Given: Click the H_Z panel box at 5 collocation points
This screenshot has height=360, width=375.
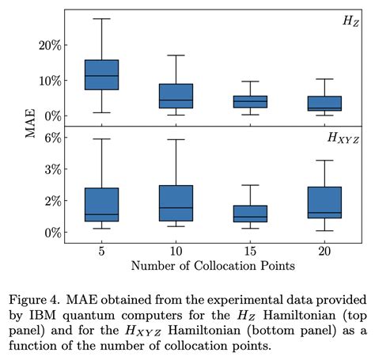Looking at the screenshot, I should [101, 74].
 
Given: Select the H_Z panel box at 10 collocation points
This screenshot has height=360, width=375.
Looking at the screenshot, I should [176, 96].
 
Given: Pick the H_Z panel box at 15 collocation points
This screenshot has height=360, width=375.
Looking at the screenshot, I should [251, 101].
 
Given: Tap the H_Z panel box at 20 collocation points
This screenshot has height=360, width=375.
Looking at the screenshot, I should [325, 104].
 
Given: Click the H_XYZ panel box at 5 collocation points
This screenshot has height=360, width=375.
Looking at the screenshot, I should [101, 204].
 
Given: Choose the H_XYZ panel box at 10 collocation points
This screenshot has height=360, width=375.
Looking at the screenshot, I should [176, 203].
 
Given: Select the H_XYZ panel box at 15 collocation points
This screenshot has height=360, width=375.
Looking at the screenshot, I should [251, 214].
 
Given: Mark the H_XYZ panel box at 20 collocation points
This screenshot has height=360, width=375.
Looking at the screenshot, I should [325, 203].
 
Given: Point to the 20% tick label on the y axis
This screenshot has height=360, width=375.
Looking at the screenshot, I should [49, 45].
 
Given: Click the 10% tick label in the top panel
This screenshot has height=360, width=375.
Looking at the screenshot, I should [49, 81].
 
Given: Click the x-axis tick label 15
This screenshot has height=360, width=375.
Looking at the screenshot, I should [251, 249].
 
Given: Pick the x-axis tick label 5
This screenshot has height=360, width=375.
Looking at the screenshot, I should [101, 249].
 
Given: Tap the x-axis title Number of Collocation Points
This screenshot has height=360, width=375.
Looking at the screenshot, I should [213, 265].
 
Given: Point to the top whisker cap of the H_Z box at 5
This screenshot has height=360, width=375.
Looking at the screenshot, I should [101, 18].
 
